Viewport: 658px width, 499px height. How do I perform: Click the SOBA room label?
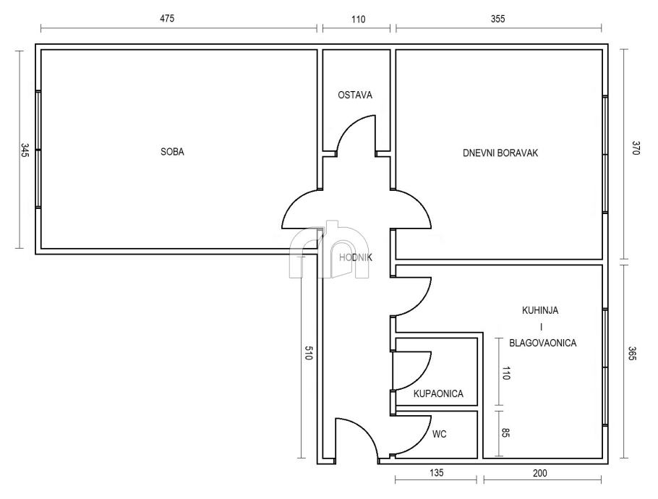pos(172,151)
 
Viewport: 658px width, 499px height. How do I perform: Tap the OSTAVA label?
pos(355,95)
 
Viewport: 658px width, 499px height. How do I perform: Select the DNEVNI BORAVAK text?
pos(500,153)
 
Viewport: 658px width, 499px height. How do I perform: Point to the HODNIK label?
pos(356,257)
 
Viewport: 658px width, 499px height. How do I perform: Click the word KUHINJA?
pos(540,310)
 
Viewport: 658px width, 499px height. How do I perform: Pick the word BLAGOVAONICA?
pos(542,343)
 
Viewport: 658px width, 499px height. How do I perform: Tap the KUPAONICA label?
pos(438,393)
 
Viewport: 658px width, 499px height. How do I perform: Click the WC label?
pos(440,434)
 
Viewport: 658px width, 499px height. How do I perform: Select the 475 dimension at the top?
pos(167,19)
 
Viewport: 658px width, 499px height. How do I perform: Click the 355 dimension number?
pos(497,19)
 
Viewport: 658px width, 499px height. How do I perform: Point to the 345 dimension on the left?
pos(25,150)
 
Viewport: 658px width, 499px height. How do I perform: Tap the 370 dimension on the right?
pos(636,148)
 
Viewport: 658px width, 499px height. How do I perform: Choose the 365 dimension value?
pos(633,353)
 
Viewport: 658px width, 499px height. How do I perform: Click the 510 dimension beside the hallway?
pos(309,353)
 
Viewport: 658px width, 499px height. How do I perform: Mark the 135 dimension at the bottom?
pos(437,473)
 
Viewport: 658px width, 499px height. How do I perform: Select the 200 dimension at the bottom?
pos(540,473)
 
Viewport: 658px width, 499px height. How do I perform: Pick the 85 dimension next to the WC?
pos(505,432)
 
